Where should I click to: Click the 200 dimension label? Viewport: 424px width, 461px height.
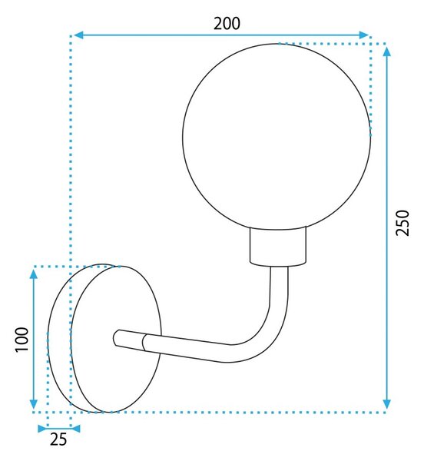(227, 24)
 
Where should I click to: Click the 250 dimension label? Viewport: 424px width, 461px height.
(402, 223)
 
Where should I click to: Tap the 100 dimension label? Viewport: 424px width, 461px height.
(22, 339)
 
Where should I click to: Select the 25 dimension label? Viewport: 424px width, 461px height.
(58, 439)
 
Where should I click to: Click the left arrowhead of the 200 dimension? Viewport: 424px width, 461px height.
(78, 35)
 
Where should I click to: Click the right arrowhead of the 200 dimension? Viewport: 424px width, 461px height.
(364, 35)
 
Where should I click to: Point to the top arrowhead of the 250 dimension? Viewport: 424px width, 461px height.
(387, 52)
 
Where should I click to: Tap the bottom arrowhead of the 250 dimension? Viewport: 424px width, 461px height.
(387, 404)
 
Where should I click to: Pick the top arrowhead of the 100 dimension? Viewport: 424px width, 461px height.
(34, 274)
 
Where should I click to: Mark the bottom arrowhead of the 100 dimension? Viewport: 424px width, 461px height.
(34, 404)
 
